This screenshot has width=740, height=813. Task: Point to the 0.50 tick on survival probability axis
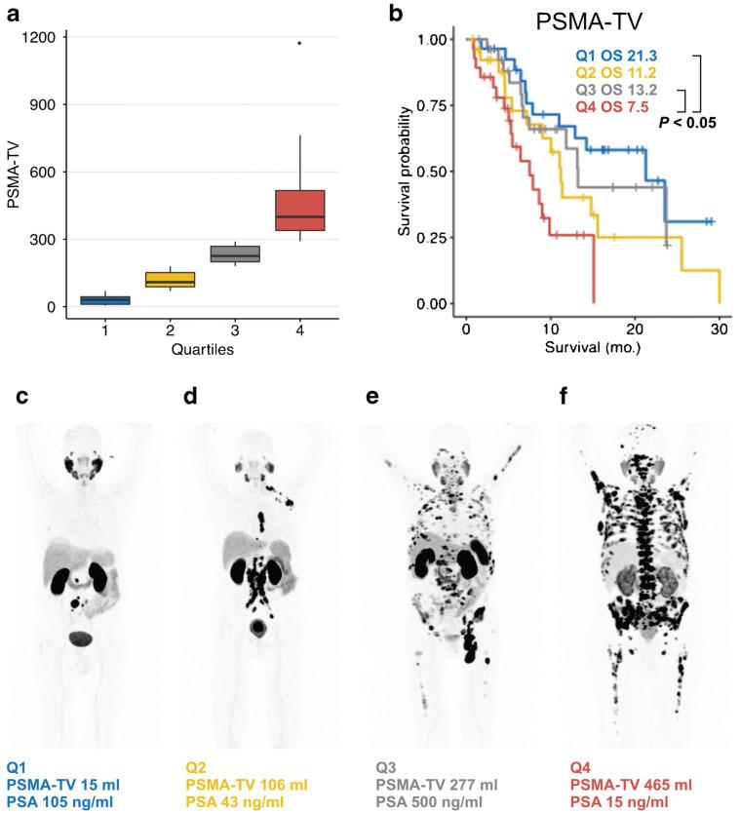[437, 172]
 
